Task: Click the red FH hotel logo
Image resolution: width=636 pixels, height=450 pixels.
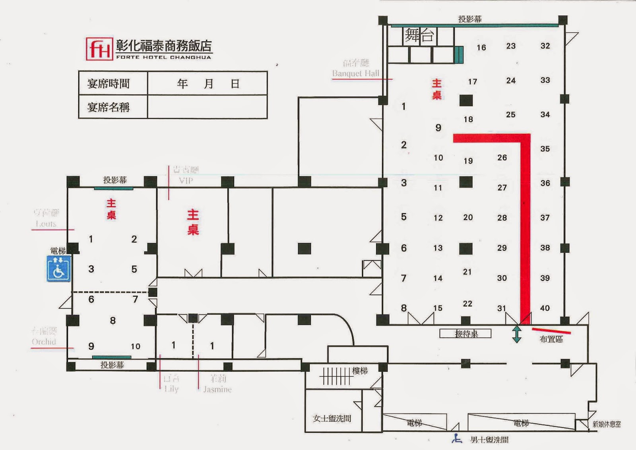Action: click(99, 49)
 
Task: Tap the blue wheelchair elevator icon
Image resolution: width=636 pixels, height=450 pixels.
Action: click(58, 268)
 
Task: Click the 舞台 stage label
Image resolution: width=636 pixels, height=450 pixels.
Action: click(419, 35)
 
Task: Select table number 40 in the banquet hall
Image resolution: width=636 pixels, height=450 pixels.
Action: click(545, 308)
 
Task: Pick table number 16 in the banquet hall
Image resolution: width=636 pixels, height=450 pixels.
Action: click(481, 48)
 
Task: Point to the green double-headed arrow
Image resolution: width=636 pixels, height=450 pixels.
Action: click(516, 334)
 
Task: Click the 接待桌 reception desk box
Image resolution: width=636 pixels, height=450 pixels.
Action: click(465, 334)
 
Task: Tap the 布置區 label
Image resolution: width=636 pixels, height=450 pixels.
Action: click(551, 339)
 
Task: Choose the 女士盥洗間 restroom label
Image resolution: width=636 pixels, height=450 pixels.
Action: click(332, 418)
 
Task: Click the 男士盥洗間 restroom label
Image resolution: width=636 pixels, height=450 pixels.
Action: click(489, 440)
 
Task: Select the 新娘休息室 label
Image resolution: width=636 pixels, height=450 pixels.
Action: click(607, 424)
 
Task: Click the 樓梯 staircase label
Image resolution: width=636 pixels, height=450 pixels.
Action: click(360, 371)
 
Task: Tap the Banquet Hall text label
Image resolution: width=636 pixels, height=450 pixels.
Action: click(356, 73)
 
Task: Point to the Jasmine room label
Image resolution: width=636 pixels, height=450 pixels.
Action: click(217, 390)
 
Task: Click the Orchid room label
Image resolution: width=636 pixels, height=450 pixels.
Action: click(44, 342)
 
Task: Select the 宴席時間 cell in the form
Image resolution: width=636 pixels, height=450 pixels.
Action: click(109, 84)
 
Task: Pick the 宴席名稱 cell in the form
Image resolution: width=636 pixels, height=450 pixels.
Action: click(109, 107)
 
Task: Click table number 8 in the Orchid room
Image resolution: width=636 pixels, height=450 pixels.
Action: click(113, 321)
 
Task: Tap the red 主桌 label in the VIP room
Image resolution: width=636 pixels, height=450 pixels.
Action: click(193, 222)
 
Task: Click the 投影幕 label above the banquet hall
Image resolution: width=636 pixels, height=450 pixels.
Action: click(470, 19)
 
